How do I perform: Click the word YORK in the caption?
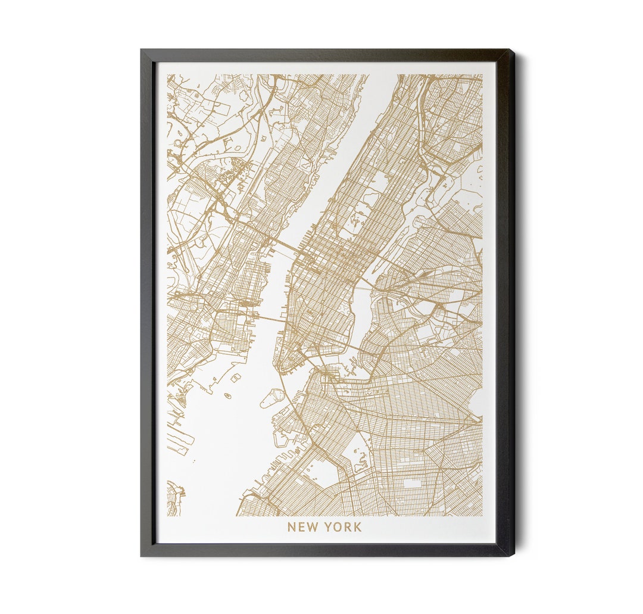click(342, 527)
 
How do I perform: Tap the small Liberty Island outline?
click(227, 395)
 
